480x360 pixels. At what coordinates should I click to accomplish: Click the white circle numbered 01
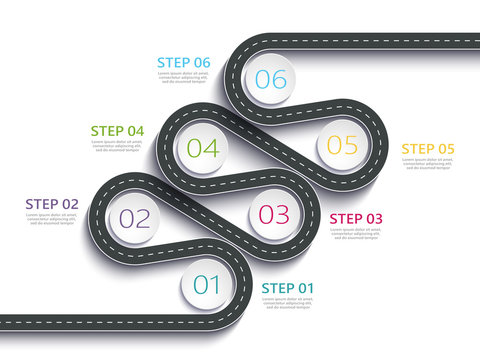pyautogui.click(x=207, y=285)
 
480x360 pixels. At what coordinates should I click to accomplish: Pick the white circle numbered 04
pyautogui.click(x=202, y=149)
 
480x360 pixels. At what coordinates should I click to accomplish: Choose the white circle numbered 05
pyautogui.click(x=342, y=145)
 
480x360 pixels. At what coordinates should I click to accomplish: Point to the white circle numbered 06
pyautogui.click(x=270, y=79)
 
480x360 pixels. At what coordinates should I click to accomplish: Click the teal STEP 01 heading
pyautogui.click(x=287, y=289)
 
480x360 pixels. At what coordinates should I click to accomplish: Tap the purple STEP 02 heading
pyautogui.click(x=52, y=204)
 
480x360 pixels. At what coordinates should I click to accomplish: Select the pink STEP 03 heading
pyautogui.click(x=356, y=219)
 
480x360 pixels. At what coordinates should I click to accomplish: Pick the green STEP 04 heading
pyautogui.click(x=117, y=131)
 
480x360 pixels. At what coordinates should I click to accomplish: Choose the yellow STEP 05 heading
pyautogui.click(x=428, y=149)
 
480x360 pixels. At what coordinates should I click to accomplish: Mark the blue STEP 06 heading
pyautogui.click(x=184, y=63)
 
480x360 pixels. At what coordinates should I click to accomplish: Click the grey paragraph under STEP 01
pyautogui.click(x=287, y=303)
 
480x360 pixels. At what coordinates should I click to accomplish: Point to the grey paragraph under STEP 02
pyautogui.click(x=52, y=219)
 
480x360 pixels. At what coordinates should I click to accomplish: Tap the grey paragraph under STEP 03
pyautogui.click(x=356, y=233)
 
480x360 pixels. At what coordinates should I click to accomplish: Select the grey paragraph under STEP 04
pyautogui.click(x=117, y=145)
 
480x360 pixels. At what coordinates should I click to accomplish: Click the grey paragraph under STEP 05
pyautogui.click(x=428, y=163)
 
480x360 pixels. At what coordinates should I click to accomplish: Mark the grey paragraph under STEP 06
pyautogui.click(x=184, y=77)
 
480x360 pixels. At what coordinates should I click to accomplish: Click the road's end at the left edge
pyautogui.click(x=5, y=320)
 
